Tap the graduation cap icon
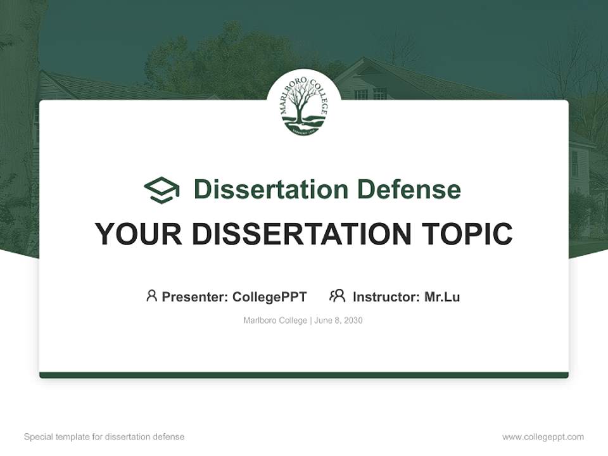161,189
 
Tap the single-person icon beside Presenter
151,296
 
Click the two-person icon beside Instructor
337,296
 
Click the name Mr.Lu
442,296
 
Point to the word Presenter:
195,296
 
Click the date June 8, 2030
338,320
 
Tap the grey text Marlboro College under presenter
275,320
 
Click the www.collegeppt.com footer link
543,437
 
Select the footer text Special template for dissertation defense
104,437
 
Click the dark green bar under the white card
304,375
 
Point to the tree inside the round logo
303,102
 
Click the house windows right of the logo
370,94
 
